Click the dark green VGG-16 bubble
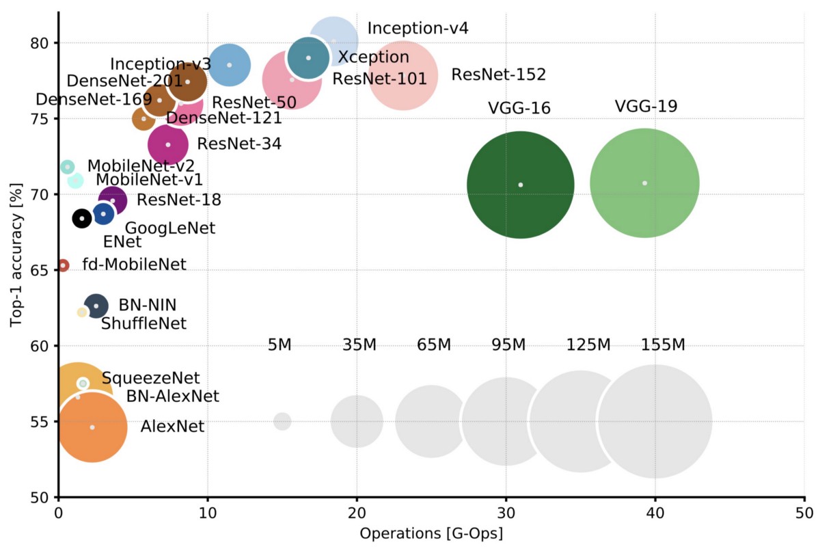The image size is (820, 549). point(520,185)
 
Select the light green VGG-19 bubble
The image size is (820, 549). point(644,183)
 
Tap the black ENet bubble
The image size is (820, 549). point(82,218)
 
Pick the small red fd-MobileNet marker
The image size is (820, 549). point(63,265)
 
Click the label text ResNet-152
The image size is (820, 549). point(498,75)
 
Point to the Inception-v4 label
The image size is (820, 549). point(418,28)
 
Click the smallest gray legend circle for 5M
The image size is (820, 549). point(282,421)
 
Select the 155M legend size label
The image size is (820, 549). point(663,345)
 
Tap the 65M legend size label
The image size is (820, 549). point(434,345)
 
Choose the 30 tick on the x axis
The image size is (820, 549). point(506,511)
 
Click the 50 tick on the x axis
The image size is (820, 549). point(804,511)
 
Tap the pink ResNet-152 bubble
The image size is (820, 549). point(404,77)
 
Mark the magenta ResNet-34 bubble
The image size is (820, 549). point(168,144)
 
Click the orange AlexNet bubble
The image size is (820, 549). point(92,427)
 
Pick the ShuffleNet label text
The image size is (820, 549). point(143,323)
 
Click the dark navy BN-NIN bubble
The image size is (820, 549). point(96,306)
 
